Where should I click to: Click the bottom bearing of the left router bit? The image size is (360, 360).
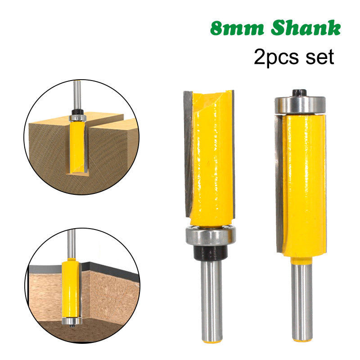point(210,236)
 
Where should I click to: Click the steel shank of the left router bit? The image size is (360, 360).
point(211,297)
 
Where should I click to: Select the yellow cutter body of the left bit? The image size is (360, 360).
point(211,157)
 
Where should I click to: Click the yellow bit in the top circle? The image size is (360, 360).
point(77,144)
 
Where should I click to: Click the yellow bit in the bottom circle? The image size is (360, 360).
point(71,288)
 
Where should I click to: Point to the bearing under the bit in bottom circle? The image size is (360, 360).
point(72,321)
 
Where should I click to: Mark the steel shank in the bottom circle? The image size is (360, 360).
point(71,243)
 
